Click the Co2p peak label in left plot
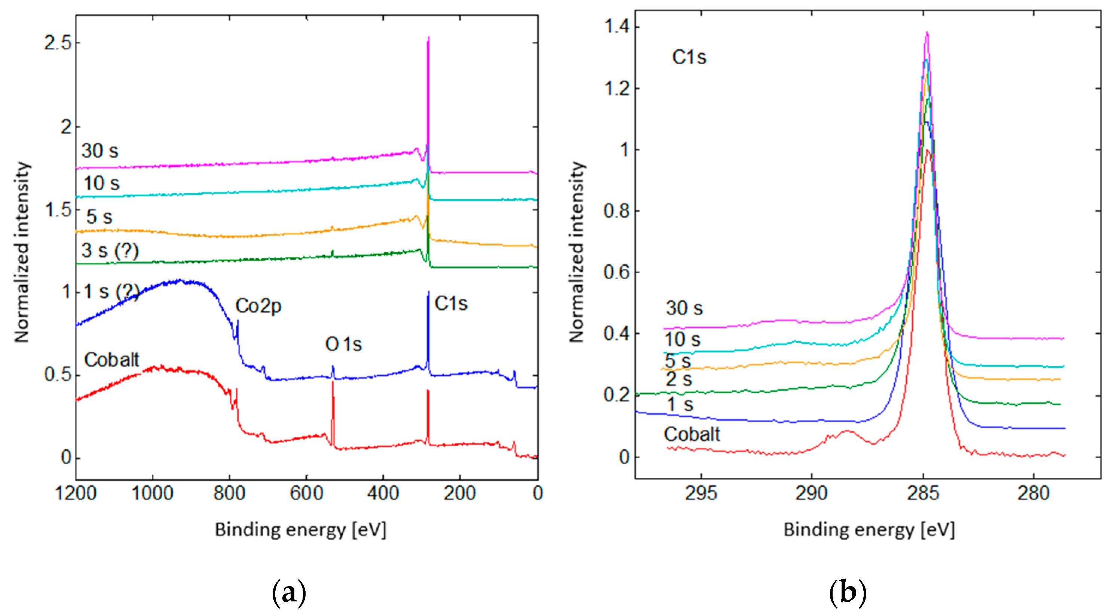[x=258, y=306]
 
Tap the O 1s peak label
[x=343, y=344]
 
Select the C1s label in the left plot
[x=451, y=303]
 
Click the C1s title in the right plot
[x=689, y=57]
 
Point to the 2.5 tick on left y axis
[x=58, y=43]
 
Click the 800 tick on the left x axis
[x=229, y=493]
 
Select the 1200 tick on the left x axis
[x=76, y=493]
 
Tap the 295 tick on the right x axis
[x=701, y=493]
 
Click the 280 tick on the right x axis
[x=1033, y=493]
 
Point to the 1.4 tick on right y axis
[x=616, y=27]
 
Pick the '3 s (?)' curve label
[x=110, y=250]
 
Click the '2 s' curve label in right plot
[x=679, y=379]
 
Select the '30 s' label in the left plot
[x=99, y=151]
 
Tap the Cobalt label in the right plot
[x=692, y=434]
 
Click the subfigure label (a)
[x=289, y=593]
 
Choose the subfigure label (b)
[x=847, y=593]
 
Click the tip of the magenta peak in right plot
[x=927, y=33]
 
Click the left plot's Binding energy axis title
[x=300, y=530]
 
